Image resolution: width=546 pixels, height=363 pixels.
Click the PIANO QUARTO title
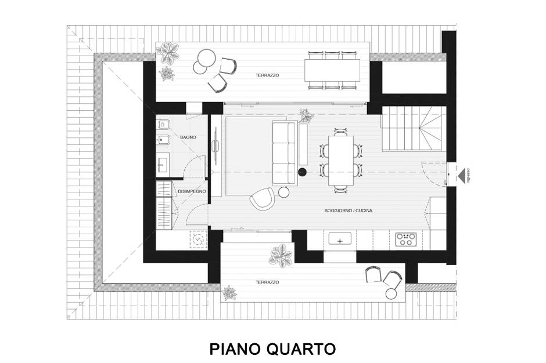point(272,349)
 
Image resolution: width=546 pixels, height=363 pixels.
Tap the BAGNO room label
point(188,137)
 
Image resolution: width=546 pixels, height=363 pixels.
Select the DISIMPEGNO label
point(192,191)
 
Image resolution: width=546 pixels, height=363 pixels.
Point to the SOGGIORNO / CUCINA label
point(348,210)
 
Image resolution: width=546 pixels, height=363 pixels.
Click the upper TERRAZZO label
point(267,75)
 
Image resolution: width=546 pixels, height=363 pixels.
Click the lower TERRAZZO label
point(267,282)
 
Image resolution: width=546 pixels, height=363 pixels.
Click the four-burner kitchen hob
point(406,239)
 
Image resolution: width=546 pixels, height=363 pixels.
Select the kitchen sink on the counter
point(340,239)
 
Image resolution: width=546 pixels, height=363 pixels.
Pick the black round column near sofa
point(302,172)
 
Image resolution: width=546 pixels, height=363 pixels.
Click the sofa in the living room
point(285,153)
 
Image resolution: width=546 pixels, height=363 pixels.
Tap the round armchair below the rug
point(262,198)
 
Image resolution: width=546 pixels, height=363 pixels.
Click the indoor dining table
point(341,160)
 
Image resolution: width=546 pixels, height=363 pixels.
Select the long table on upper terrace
point(332,70)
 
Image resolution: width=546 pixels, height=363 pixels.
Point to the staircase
point(414,129)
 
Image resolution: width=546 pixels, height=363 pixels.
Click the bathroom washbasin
point(163,164)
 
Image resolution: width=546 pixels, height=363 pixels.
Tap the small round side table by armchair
point(284,193)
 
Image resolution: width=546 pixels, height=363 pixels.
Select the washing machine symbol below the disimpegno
point(198,239)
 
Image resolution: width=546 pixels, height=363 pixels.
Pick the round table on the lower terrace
point(391,294)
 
